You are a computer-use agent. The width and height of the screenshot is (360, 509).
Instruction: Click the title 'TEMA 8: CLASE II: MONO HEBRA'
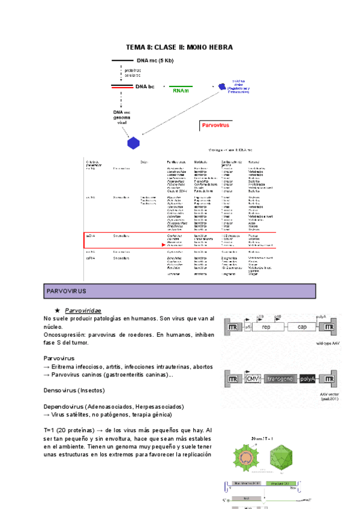coord(179,47)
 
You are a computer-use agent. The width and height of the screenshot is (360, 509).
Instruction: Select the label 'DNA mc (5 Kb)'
coord(155,60)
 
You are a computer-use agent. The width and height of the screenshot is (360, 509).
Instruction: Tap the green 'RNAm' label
coord(181,91)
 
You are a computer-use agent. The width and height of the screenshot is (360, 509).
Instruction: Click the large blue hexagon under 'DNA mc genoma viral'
coord(133,143)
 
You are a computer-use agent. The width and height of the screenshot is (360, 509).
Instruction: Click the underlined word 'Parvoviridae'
coord(84,310)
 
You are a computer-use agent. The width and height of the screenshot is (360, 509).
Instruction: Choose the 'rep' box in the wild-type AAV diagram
coord(266,328)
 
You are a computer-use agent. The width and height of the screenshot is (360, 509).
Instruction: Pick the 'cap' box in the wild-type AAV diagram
coord(302,328)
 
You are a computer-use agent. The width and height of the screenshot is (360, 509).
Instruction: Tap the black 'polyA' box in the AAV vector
coord(308,379)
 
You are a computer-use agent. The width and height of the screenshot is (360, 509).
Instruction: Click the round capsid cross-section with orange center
coord(246,462)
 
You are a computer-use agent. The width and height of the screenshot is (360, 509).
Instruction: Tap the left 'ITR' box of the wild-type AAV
coord(232,328)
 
